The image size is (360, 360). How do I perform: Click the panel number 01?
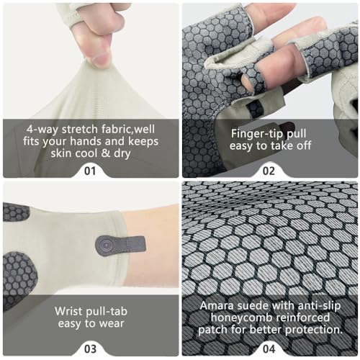point(90,171)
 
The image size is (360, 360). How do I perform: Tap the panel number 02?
point(269,171)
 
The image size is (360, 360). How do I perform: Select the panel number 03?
point(90,349)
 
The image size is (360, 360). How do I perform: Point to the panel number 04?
point(269,349)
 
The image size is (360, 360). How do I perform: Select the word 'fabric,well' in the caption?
point(128,129)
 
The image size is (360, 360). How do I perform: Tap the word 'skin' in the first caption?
point(60,153)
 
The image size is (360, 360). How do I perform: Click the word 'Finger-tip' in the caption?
point(257,134)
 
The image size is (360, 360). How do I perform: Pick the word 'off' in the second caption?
point(304,145)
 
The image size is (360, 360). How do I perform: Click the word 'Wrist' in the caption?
point(68,311)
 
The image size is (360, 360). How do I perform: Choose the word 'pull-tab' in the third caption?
point(107,312)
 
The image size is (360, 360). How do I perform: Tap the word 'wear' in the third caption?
point(112,324)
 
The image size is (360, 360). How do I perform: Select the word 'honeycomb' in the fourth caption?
point(241,318)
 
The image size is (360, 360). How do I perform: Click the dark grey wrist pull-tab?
point(120,245)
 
